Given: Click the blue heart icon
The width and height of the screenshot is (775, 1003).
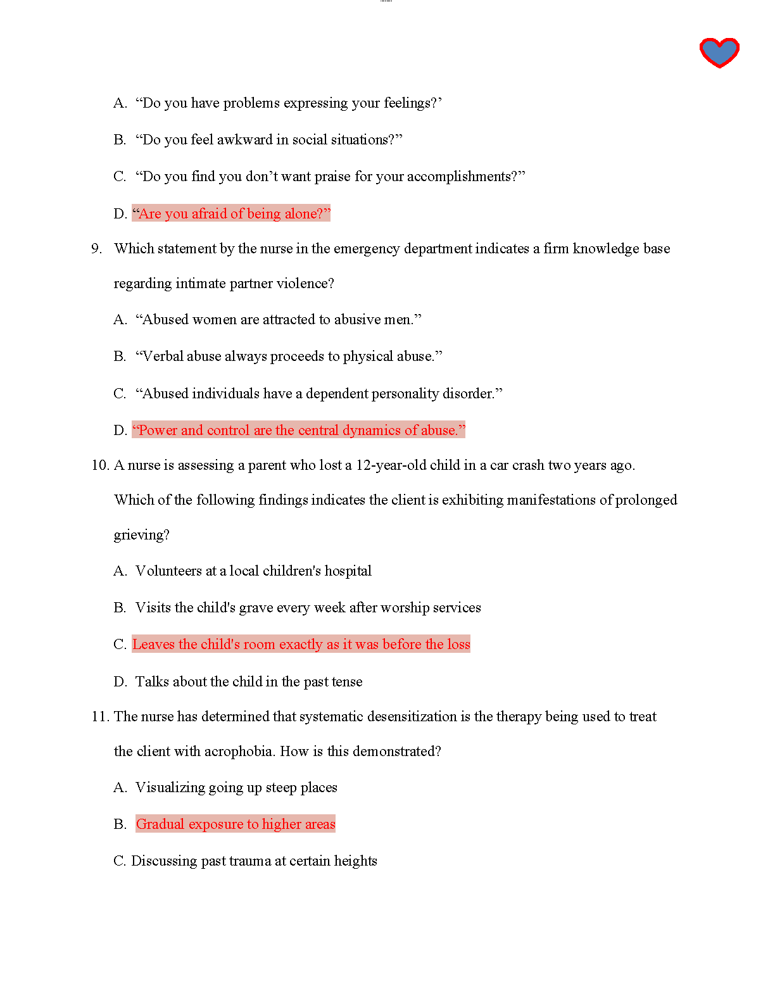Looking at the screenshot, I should point(719,52).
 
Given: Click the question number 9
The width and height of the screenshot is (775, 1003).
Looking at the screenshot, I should point(96,249).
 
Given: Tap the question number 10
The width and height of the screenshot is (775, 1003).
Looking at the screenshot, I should point(100,465).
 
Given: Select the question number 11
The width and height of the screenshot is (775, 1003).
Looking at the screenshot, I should point(100,717).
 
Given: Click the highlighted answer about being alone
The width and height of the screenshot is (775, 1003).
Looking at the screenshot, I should point(231,214).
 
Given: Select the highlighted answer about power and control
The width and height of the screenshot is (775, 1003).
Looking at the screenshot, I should point(298,431).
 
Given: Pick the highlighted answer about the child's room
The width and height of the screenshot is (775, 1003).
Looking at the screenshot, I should point(301,645).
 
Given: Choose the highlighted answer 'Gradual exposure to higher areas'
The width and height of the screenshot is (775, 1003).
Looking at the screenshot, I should point(236,824).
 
